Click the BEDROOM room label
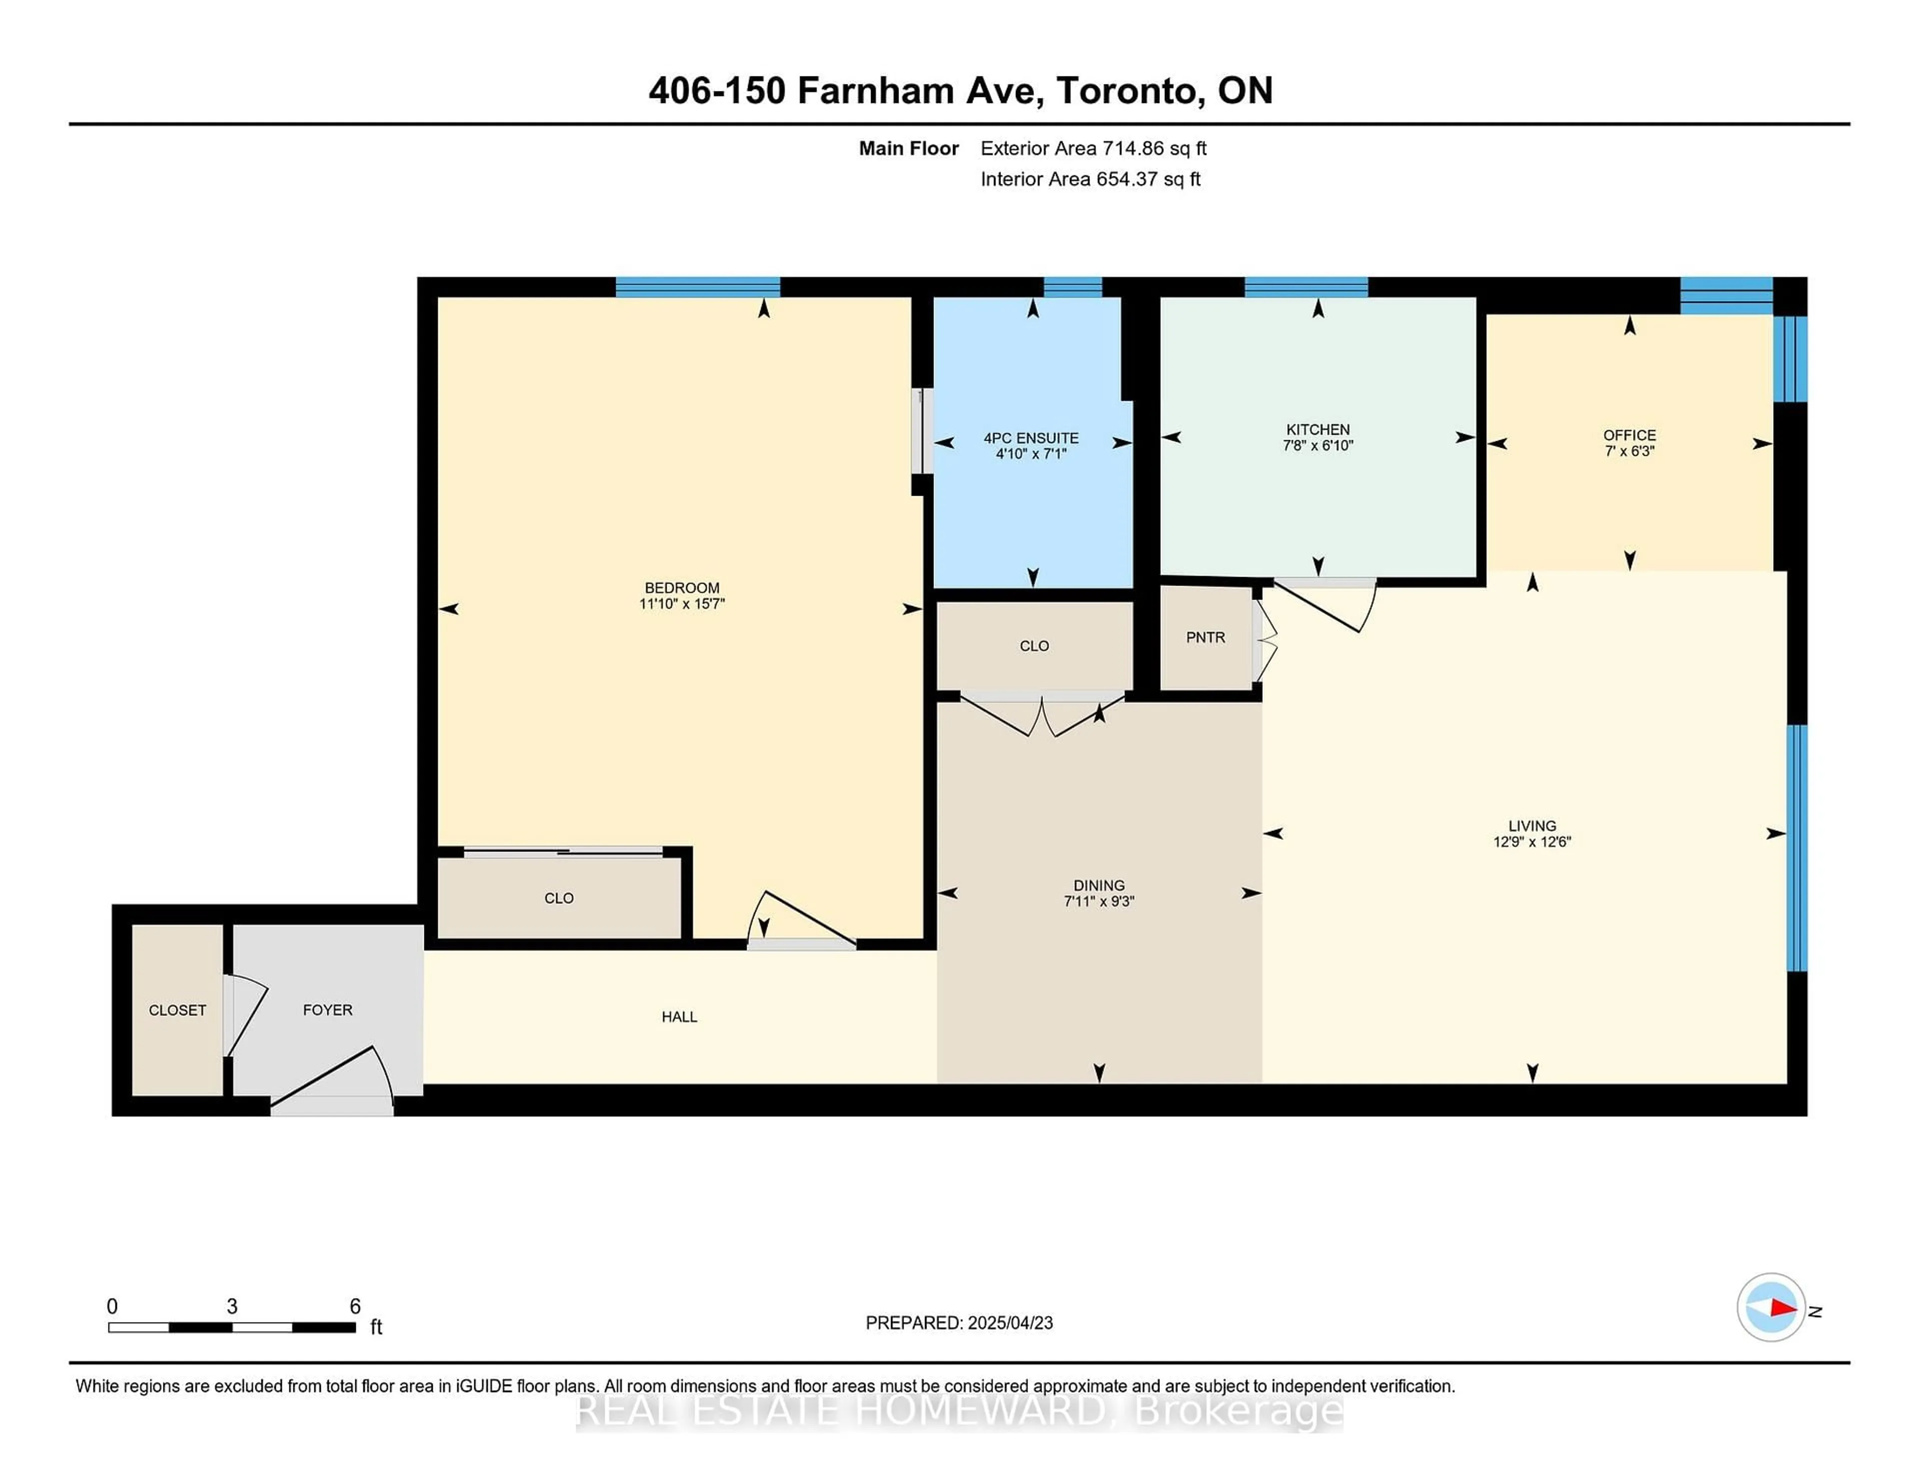682,588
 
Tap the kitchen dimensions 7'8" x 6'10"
1317,445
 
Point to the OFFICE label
1629,435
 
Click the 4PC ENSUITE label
1030,438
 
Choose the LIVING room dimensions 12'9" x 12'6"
1532,841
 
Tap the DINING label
1098,885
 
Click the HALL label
679,1016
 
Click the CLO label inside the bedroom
559,898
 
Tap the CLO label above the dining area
1034,646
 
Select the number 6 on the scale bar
355,1307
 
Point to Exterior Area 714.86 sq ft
1093,148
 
